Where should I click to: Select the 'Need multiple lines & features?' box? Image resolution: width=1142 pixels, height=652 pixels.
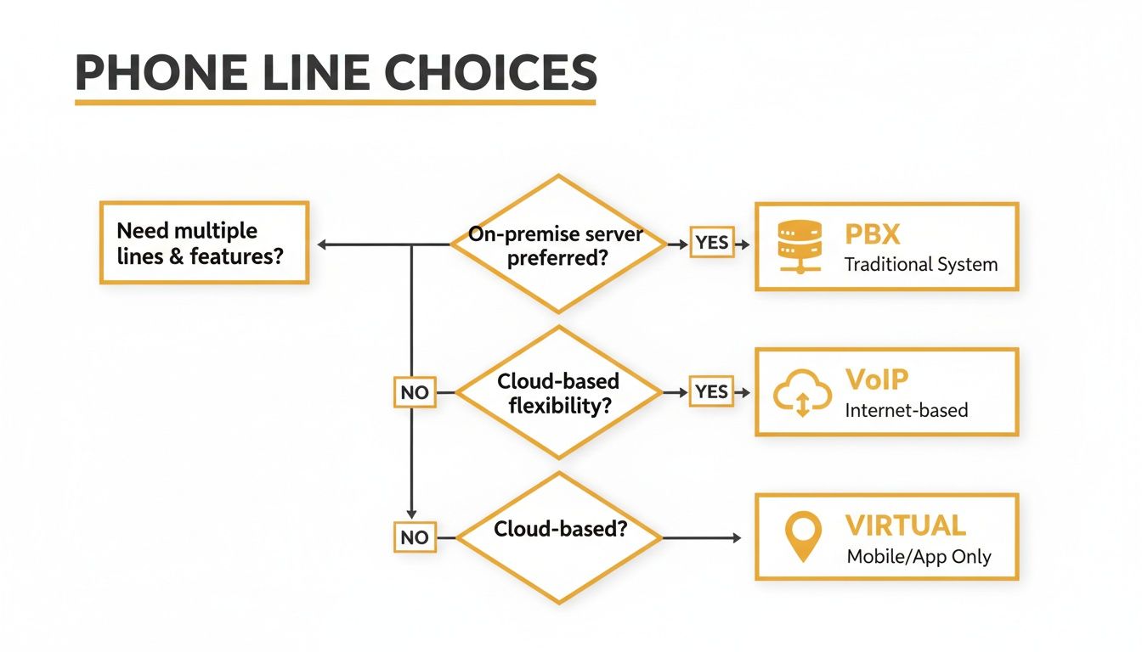(x=204, y=243)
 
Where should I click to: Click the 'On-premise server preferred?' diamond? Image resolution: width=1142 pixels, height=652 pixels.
(x=558, y=245)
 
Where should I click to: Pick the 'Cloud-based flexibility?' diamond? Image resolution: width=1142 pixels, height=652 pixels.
(x=558, y=392)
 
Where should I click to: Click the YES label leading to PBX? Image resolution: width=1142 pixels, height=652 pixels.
(x=711, y=243)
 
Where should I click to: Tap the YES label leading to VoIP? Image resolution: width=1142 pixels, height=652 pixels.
(x=711, y=391)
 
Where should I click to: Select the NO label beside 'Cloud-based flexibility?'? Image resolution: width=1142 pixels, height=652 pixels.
(x=415, y=393)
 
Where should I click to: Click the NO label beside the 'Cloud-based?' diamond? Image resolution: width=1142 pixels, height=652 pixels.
(x=415, y=538)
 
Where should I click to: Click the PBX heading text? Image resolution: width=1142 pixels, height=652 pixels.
(x=873, y=233)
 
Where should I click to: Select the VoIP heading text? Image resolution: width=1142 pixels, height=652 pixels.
(x=877, y=379)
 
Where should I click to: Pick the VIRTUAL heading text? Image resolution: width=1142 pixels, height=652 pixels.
(x=905, y=525)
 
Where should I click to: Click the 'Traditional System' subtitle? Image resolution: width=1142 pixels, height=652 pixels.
(x=920, y=265)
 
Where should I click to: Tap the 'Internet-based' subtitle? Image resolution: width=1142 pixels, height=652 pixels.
(x=906, y=411)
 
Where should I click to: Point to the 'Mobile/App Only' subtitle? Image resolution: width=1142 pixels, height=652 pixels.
(x=919, y=557)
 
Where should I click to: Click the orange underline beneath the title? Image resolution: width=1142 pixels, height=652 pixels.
(x=335, y=103)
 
